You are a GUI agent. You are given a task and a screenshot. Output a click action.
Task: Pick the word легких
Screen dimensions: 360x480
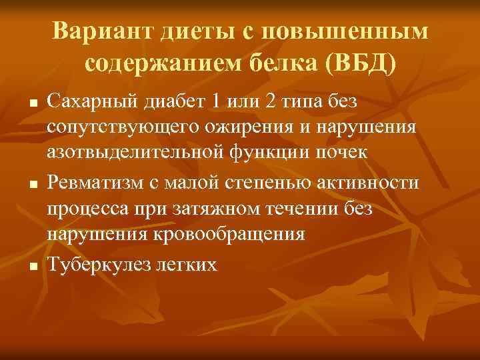coord(186,265)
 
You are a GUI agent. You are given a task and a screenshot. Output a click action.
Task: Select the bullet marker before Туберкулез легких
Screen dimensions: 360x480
coord(31,267)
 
